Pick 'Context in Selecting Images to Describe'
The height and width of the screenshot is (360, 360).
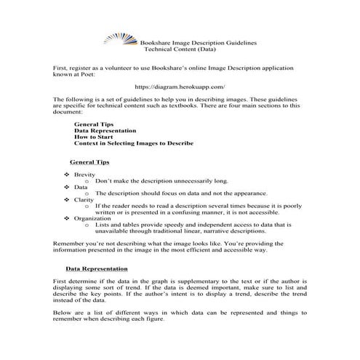134,143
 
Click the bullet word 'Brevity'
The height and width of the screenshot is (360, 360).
83,175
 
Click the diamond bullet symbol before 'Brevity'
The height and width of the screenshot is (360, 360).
68,175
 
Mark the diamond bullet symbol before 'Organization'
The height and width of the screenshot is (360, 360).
68,217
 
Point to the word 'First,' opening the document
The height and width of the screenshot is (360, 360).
61,67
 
